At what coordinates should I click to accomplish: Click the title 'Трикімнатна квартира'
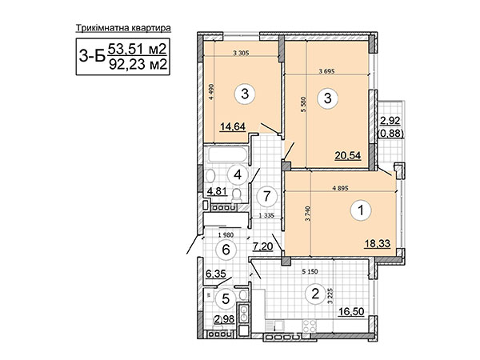click(x=123, y=28)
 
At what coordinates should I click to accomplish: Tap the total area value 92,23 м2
click(x=138, y=64)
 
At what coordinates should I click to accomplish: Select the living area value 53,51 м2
click(x=137, y=49)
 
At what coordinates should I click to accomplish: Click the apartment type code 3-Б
click(x=92, y=56)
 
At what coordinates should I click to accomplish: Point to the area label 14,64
click(x=233, y=126)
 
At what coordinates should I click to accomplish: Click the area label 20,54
click(x=348, y=155)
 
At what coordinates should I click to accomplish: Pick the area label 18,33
click(x=377, y=244)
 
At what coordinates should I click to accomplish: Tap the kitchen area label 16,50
click(x=351, y=312)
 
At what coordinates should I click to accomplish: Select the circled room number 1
click(x=362, y=210)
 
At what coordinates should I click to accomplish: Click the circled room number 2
click(x=315, y=294)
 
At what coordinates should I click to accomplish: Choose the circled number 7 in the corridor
click(x=267, y=196)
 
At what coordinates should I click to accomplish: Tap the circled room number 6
click(x=226, y=250)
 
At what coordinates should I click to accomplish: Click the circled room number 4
click(x=238, y=174)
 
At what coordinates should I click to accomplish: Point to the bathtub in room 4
click(x=228, y=155)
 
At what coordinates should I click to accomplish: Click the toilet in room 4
click(x=237, y=196)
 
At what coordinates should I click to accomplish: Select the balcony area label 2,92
click(x=390, y=121)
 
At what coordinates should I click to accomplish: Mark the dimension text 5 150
click(x=310, y=271)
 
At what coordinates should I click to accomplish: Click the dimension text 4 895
click(x=340, y=189)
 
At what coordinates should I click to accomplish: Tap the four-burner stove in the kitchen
click(x=309, y=326)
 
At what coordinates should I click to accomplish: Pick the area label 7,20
click(x=262, y=246)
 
